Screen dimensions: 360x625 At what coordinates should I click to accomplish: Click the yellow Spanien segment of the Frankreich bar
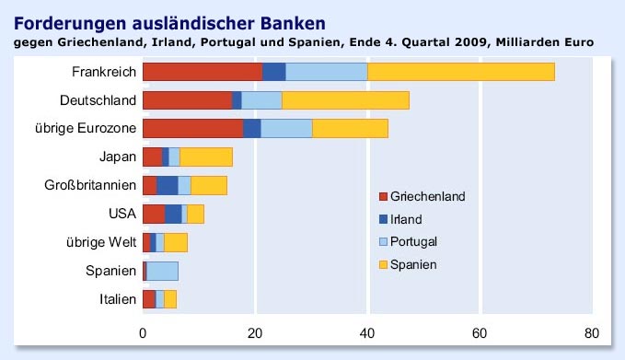click(461, 72)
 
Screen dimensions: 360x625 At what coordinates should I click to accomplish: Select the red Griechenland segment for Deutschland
click(188, 99)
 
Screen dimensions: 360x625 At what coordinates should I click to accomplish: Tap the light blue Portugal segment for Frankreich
click(327, 72)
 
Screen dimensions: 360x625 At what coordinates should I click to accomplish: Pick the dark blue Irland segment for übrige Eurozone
click(252, 128)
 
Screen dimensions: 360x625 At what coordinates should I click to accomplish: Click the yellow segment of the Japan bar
click(206, 157)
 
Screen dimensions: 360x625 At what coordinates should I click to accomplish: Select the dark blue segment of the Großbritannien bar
click(168, 185)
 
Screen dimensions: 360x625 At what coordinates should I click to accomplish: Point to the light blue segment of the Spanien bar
click(163, 271)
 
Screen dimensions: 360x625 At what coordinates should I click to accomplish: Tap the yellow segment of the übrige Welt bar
click(176, 242)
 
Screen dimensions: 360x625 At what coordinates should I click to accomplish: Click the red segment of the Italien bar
click(149, 299)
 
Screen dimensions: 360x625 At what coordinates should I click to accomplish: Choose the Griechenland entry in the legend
click(427, 196)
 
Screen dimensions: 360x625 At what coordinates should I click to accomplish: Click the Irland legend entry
click(406, 219)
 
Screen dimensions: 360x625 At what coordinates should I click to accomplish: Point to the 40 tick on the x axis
click(367, 332)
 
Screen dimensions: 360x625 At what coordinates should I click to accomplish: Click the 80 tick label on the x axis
click(592, 332)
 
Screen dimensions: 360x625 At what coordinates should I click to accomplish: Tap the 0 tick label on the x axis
click(143, 332)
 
